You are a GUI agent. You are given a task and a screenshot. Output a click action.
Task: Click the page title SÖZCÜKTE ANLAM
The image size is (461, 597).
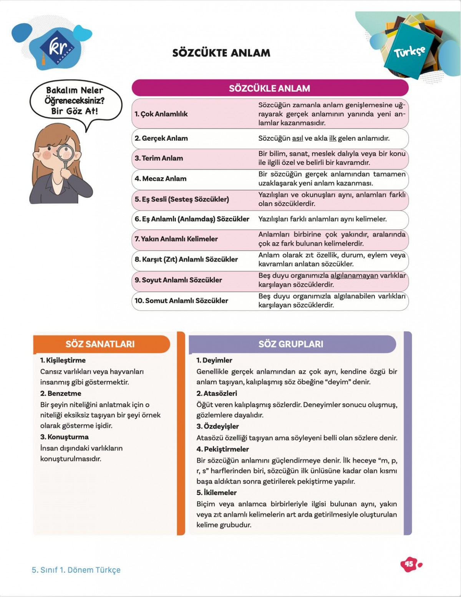[221, 53]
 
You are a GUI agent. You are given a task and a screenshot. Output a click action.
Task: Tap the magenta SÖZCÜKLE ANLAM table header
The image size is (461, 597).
[270, 88]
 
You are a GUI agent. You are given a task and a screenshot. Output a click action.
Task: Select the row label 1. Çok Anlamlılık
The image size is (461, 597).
[161, 114]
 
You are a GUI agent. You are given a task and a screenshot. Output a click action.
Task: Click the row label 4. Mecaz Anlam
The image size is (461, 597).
[161, 179]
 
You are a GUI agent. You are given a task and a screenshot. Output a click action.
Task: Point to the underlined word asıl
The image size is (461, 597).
[297, 138]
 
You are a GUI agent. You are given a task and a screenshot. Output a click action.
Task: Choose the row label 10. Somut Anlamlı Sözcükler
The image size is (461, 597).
[181, 301]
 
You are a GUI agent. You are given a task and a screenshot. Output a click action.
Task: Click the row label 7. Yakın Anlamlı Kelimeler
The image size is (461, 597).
[176, 239]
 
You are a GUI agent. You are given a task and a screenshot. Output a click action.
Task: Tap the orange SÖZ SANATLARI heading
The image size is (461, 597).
[100, 344]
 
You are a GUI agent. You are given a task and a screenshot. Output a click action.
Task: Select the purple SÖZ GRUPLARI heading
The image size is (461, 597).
[291, 344]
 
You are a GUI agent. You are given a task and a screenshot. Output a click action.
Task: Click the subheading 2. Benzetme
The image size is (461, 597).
[61, 393]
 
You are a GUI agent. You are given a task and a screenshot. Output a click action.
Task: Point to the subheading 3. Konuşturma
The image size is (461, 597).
[65, 437]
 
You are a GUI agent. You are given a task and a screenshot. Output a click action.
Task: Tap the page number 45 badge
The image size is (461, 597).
[410, 564]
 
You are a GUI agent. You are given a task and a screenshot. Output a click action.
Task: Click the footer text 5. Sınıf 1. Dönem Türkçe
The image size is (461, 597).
[76, 570]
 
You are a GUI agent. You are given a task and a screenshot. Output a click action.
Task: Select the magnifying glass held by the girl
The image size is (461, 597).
[65, 153]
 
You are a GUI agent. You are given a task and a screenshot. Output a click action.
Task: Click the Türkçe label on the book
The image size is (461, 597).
[410, 51]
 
